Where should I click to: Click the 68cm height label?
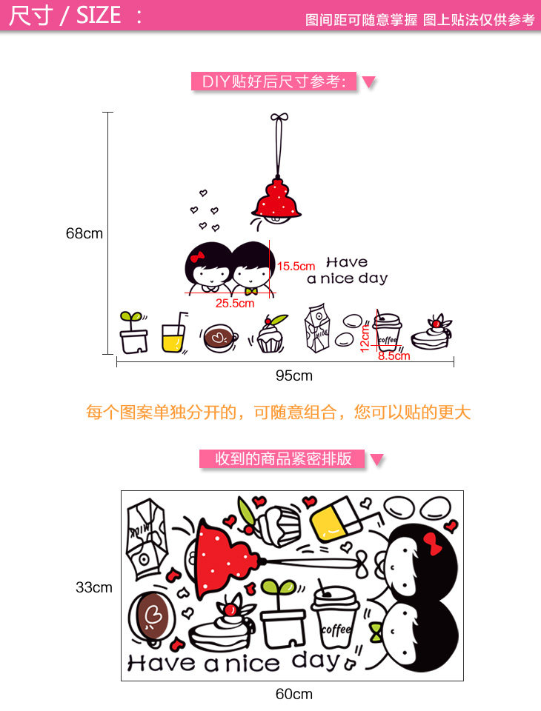tap(84, 233)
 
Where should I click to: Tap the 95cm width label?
tap(294, 375)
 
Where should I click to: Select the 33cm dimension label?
tap(94, 587)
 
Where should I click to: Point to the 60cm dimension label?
tap(294, 694)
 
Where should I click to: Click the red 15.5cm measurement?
tap(296, 265)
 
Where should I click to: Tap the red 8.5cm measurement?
tap(394, 356)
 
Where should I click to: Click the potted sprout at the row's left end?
tap(133, 333)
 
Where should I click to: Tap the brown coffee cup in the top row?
tap(219, 337)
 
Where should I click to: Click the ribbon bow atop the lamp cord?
tap(279, 117)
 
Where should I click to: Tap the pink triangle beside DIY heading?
tap(368, 81)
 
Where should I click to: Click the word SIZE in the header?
tap(99, 16)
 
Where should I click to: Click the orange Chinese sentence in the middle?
tap(278, 413)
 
